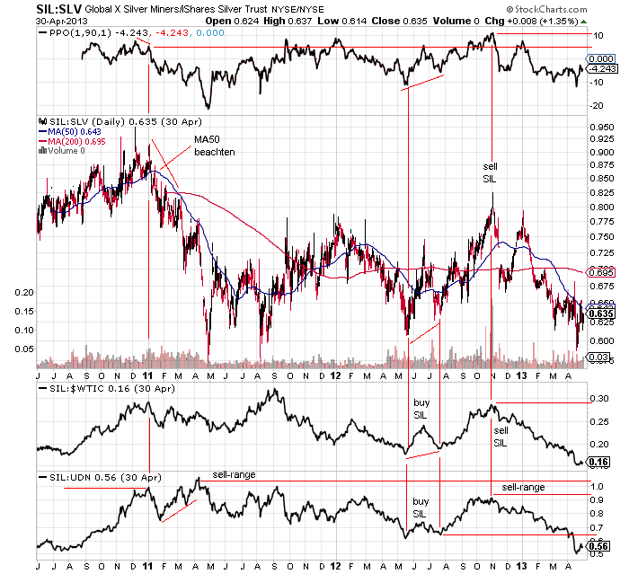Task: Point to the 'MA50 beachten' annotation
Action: pyautogui.click(x=214, y=146)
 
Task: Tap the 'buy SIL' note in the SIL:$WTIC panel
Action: pyautogui.click(x=422, y=410)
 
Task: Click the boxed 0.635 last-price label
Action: pyautogui.click(x=599, y=313)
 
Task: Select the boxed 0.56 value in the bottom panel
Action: pyautogui.click(x=596, y=545)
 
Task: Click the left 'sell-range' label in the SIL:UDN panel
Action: pyautogui.click(x=233, y=473)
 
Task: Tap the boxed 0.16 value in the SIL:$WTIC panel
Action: pyautogui.click(x=596, y=462)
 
